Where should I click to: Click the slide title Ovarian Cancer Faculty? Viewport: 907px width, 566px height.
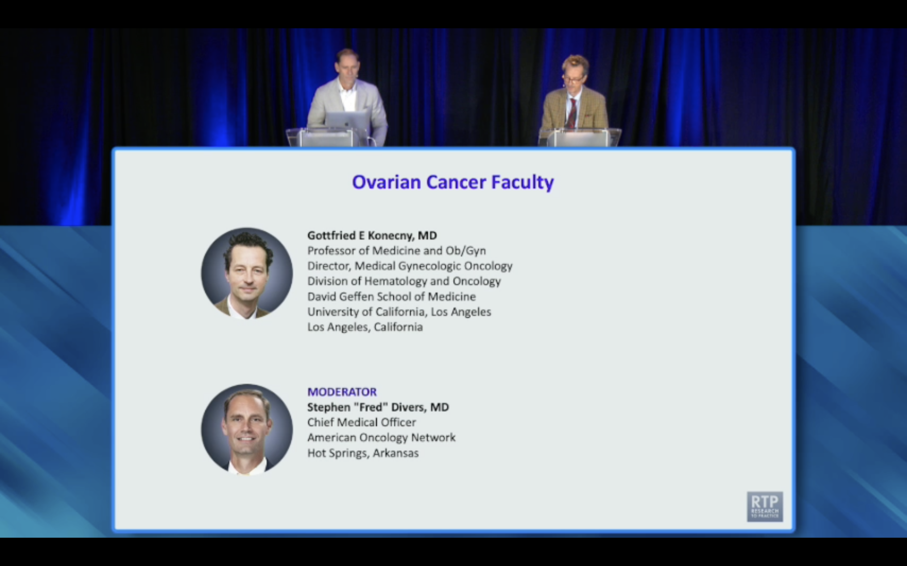point(453,182)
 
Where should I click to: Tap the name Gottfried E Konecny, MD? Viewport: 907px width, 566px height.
point(372,236)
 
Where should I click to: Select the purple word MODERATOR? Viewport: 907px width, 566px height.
point(342,392)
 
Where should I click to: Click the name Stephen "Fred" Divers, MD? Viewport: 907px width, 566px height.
point(378,407)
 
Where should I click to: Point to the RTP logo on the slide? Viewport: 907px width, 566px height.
point(765,506)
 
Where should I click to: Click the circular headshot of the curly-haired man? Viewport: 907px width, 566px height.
point(247,274)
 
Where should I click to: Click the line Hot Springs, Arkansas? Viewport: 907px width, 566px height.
point(363,453)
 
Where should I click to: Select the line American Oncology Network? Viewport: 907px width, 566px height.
point(381,438)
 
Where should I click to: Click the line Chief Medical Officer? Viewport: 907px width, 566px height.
point(361,423)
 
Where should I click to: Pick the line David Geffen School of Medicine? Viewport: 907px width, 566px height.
point(391,297)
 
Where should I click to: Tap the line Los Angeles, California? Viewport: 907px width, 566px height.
point(365,327)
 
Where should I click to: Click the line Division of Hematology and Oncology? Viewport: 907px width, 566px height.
point(404,281)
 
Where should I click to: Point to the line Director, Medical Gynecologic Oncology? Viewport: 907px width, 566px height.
point(410,266)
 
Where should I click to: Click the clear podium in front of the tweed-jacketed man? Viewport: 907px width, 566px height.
point(579,137)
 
